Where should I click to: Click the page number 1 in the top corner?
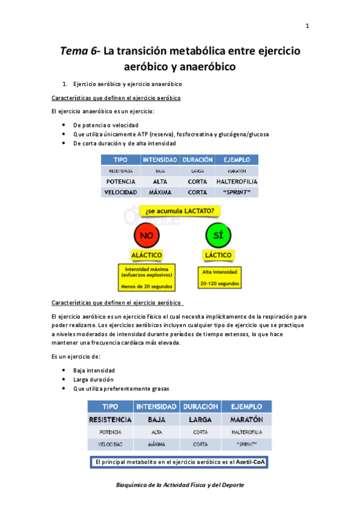[308, 26]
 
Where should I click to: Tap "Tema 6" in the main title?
[79, 51]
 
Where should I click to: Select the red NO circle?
[146, 236]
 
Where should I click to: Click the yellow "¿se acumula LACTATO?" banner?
[180, 211]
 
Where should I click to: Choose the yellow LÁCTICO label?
[218, 255]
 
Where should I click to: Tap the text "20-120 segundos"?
[221, 283]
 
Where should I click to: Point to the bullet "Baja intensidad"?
[94, 370]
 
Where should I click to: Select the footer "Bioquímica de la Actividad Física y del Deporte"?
[180, 485]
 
